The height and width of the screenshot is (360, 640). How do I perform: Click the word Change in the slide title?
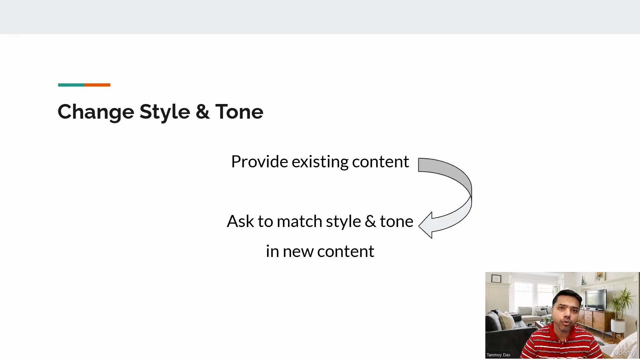96,112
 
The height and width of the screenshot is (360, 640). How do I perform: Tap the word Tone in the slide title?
239,112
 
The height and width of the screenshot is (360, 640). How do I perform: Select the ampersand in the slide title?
203,112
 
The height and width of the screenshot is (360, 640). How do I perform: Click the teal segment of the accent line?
71,85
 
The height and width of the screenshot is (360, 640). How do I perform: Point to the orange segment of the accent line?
97,85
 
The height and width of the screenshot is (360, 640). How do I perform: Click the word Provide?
260,162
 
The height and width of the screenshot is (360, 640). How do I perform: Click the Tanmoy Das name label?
498,355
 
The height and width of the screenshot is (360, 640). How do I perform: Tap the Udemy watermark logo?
624,352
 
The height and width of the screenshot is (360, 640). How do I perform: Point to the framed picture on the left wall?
496,278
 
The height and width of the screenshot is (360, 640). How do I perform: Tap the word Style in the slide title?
165,112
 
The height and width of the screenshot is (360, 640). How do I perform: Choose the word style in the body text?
343,222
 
